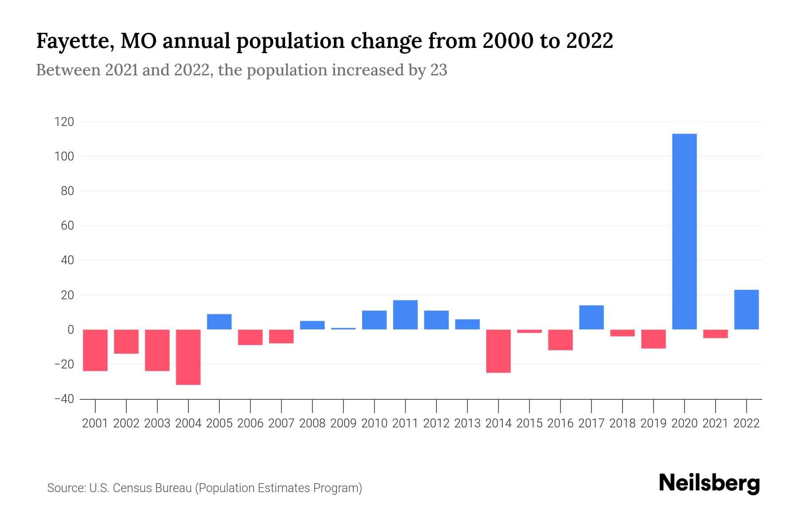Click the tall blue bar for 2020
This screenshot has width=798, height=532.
(685, 231)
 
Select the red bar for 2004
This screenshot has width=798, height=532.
(188, 357)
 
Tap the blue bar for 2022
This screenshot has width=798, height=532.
(747, 309)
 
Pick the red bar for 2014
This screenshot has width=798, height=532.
(498, 351)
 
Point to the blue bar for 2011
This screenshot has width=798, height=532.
(405, 315)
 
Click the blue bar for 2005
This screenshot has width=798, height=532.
(219, 321)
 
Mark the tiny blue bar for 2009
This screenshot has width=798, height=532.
(343, 329)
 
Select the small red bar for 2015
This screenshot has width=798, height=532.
(529, 331)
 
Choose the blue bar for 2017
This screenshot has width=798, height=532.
(591, 317)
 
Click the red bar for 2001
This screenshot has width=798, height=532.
(95, 350)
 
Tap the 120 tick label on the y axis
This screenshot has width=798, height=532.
(64, 122)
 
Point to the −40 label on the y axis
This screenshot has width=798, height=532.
(64, 399)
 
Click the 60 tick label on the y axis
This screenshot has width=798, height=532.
(67, 226)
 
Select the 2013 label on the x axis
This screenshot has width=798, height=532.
(467, 423)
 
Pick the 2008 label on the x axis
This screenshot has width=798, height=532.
(312, 423)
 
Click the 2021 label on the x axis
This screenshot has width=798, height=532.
(715, 423)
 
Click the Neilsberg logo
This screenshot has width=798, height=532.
(709, 484)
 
